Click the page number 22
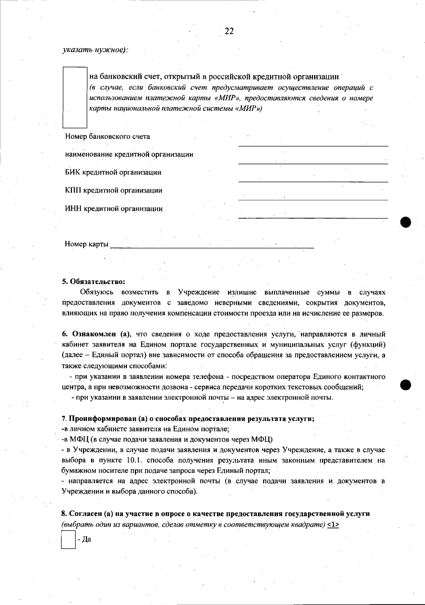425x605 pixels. click(229, 31)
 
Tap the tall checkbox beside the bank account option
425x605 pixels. click(75, 97)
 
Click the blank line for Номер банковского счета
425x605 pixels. click(313, 143)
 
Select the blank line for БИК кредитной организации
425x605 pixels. click(313, 180)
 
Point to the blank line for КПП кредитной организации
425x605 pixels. click(313, 198)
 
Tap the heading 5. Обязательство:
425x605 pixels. click(93, 282)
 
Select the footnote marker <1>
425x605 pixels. click(333, 525)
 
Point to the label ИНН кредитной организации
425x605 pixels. click(114, 209)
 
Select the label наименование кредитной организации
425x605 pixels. click(129, 154)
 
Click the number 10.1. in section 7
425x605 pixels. click(134, 460)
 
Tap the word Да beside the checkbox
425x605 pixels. click(86, 539)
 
